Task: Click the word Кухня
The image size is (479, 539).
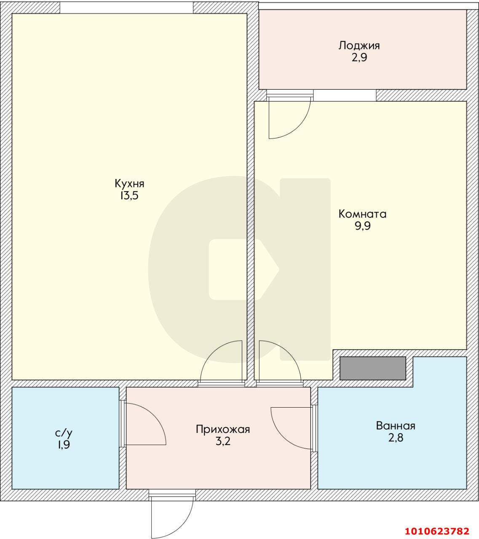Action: point(129,184)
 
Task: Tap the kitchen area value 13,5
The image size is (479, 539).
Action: point(129,195)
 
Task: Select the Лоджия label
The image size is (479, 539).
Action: point(359,46)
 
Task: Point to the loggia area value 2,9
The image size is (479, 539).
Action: point(359,57)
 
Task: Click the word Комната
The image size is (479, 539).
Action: point(362,214)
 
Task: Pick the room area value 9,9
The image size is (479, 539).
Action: point(363,226)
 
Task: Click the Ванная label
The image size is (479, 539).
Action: point(396,426)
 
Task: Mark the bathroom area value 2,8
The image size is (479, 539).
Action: point(396,438)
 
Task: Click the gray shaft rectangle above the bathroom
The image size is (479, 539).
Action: point(373,368)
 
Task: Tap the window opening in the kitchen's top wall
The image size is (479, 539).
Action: point(126,8)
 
